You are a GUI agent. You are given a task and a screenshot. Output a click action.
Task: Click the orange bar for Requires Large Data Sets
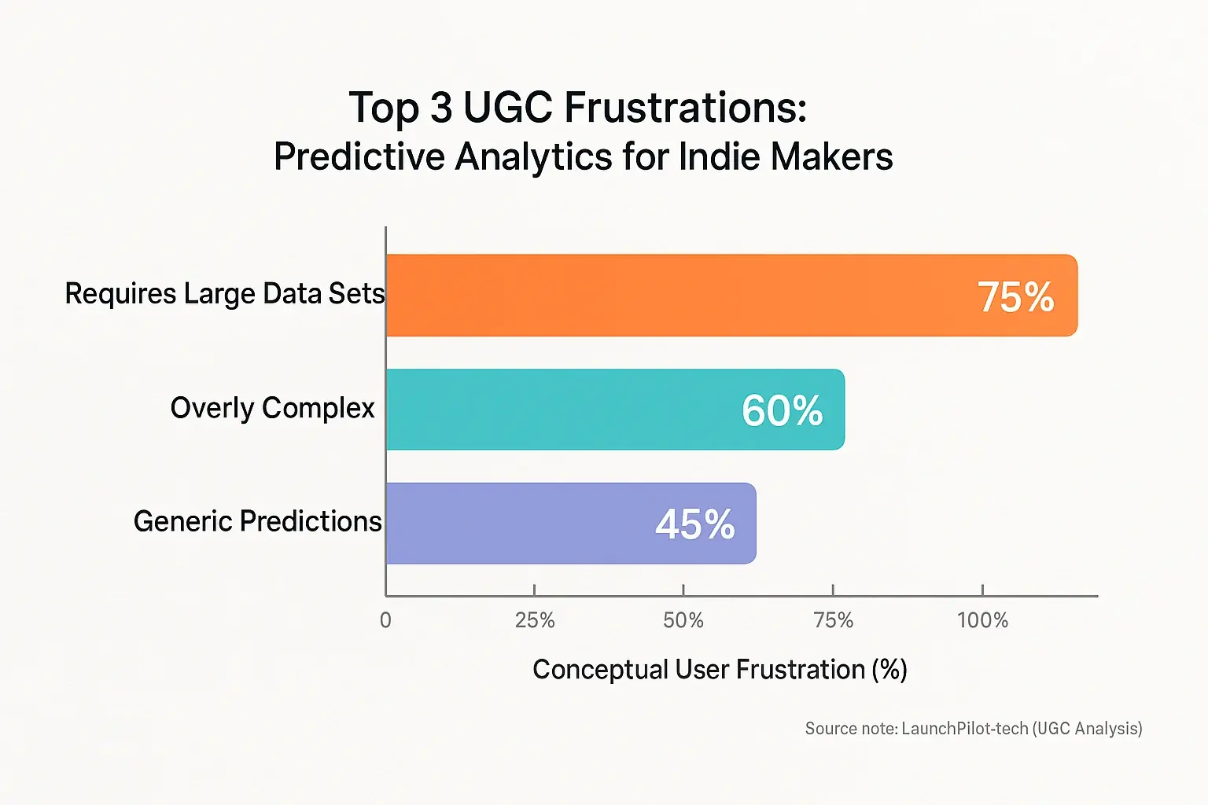coord(668,296)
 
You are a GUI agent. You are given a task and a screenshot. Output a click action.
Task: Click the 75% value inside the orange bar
coord(1015,297)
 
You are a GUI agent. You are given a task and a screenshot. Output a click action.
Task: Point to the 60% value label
coord(782,410)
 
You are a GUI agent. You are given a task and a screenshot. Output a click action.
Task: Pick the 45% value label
coord(694,524)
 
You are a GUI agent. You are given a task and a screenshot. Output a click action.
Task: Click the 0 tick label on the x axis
coord(385,620)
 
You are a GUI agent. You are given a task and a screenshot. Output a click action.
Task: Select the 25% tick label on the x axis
coord(535,620)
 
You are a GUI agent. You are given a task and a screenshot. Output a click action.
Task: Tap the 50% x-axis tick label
coord(683,620)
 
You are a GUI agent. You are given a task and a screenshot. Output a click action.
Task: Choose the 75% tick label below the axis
coord(834,620)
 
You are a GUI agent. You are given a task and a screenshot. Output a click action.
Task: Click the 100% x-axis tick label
coord(982,620)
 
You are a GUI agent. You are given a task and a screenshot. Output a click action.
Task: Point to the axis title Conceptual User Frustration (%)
coord(720,670)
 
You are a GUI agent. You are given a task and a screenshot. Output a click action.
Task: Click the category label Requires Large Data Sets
coord(225,294)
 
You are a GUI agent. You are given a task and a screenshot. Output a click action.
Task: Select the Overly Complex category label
coord(272,408)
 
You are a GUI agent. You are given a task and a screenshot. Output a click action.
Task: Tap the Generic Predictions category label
coord(257,521)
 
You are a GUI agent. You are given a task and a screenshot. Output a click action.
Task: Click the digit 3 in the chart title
coord(441,108)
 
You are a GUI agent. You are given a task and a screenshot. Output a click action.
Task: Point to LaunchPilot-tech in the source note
coord(964,729)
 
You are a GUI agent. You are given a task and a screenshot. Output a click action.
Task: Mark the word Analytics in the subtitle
coord(533,156)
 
